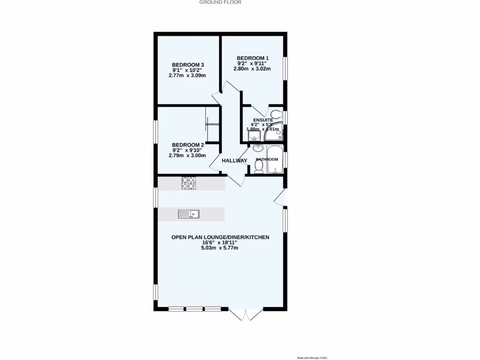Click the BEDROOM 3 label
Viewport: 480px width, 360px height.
(x=188, y=65)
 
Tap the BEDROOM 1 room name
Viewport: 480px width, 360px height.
(x=252, y=58)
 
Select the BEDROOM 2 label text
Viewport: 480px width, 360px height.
(x=188, y=145)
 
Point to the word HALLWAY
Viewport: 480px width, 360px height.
(x=234, y=161)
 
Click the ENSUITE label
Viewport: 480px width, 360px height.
(x=263, y=120)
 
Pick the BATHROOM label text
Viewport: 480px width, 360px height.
(x=267, y=159)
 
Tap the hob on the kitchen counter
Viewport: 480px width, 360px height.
(x=189, y=183)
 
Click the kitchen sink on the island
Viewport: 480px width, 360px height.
(x=188, y=214)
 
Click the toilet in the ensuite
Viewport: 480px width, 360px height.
(x=276, y=113)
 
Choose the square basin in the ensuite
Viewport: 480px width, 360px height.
(x=254, y=136)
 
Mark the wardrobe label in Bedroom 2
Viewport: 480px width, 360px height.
(x=212, y=124)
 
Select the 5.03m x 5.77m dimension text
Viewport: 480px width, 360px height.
(x=220, y=248)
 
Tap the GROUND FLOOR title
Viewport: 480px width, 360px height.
(x=220, y=2)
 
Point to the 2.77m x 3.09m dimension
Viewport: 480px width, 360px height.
(x=188, y=75)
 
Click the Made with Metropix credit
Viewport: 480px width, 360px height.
(x=312, y=358)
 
